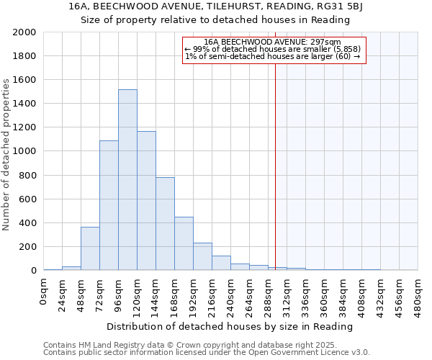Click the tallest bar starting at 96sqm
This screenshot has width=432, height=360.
point(127,180)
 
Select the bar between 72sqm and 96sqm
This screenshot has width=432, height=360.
point(109,205)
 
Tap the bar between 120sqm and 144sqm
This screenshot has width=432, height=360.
point(146,201)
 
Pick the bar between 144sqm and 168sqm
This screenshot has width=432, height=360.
point(165,224)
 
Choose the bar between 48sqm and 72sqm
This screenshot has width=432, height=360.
point(90,249)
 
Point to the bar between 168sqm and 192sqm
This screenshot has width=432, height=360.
point(184,244)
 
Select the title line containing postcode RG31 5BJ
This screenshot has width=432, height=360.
point(215,6)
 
